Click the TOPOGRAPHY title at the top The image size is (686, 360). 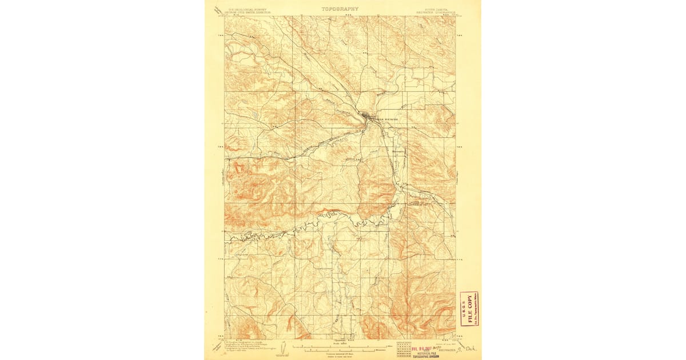pyautogui.click(x=340, y=9)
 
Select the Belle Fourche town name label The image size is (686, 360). pyautogui.click(x=384, y=119)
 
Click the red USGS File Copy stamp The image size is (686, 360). pyautogui.click(x=469, y=309)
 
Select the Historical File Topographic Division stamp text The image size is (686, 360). pyautogui.click(x=423, y=354)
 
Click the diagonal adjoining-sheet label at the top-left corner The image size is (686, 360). pyautogui.click(x=217, y=10)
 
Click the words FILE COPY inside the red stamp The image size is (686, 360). pyautogui.click(x=470, y=309)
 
